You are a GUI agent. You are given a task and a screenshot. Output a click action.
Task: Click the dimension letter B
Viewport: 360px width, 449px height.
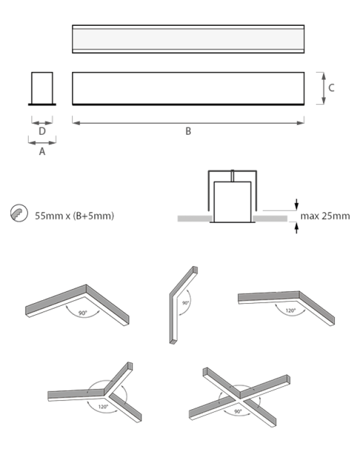pyautogui.click(x=188, y=131)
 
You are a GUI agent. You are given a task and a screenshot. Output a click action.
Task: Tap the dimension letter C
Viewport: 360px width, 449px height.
pyautogui.click(x=332, y=88)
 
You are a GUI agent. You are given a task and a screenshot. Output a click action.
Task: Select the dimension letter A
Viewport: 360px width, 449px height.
pyautogui.click(x=42, y=150)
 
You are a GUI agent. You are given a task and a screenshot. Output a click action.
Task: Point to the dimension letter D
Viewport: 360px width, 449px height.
pyautogui.click(x=42, y=131)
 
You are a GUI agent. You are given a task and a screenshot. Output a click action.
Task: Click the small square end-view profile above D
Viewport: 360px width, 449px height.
pyautogui.click(x=42, y=88)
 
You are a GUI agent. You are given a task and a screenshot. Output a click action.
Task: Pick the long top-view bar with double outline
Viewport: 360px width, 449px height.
pyautogui.click(x=188, y=39)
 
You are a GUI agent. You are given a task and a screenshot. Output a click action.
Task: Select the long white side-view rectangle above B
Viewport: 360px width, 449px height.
pyautogui.click(x=188, y=88)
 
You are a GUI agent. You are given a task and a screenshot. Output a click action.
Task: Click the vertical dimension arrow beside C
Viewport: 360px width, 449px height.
pyautogui.click(x=323, y=88)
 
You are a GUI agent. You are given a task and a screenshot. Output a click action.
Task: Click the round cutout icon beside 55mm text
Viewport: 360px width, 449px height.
pyautogui.click(x=19, y=214)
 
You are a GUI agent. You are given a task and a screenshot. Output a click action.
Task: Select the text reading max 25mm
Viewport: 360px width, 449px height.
pyautogui.click(x=325, y=216)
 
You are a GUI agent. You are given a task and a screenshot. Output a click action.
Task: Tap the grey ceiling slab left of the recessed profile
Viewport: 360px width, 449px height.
pyautogui.click(x=194, y=218)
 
